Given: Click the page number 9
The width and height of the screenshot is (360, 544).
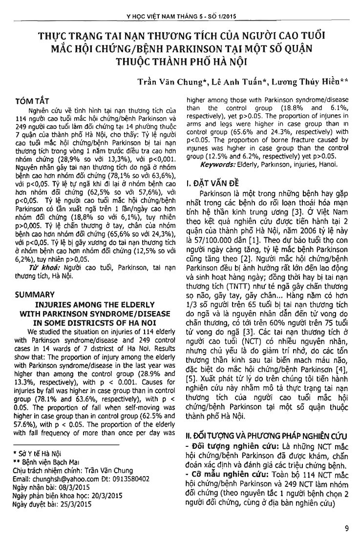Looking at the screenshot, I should tap(346, 528).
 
